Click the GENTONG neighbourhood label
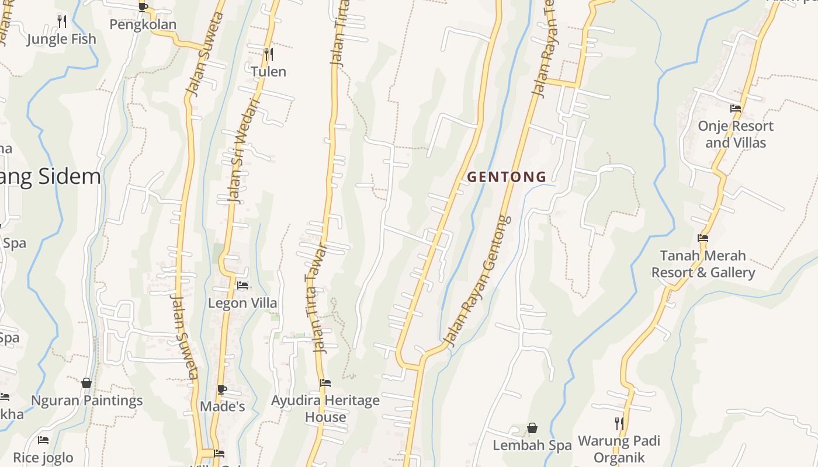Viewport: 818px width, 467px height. pyautogui.click(x=507, y=177)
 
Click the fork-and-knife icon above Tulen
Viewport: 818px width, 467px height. pyautogui.click(x=269, y=54)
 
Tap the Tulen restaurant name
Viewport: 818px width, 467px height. pyautogui.click(x=269, y=72)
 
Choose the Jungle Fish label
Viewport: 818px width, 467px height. pyautogui.click(x=61, y=39)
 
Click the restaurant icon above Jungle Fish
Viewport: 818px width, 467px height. pyautogui.click(x=62, y=22)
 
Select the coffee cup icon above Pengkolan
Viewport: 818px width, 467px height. pyautogui.click(x=143, y=7)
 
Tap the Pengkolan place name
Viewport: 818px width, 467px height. pyautogui.click(x=143, y=25)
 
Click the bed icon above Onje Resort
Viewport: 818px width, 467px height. pyautogui.click(x=736, y=108)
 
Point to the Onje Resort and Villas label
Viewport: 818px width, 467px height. pyautogui.click(x=736, y=134)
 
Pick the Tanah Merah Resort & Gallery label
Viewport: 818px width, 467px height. pyautogui.click(x=703, y=264)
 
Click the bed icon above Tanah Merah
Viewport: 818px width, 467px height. pyautogui.click(x=703, y=238)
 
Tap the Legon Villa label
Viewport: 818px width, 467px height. pyautogui.click(x=242, y=304)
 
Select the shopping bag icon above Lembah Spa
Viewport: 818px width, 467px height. pyautogui.click(x=532, y=428)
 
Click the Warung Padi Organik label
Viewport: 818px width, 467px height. pyautogui.click(x=619, y=449)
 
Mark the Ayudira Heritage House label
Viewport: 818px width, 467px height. pyautogui.click(x=325, y=409)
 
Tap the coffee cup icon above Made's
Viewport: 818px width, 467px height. pyautogui.click(x=222, y=389)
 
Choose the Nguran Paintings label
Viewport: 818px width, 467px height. pyautogui.click(x=86, y=401)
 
